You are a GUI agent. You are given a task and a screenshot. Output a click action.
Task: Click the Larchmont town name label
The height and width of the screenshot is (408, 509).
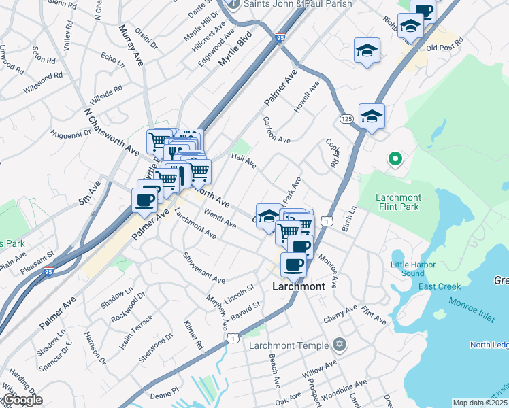[299, 286]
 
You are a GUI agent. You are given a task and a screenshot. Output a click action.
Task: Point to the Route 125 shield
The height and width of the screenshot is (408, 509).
[346, 119]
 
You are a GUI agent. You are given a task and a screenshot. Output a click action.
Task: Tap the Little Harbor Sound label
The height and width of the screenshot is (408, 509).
[407, 269]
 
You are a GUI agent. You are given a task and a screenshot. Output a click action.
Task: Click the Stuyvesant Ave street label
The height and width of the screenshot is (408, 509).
[203, 269]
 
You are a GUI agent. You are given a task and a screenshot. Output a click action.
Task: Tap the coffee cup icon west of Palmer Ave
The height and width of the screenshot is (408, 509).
[144, 200]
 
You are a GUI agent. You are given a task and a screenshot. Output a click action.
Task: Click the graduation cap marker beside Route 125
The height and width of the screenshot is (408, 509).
[372, 117]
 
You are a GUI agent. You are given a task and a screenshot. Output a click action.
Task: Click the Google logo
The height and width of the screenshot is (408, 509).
[22, 400]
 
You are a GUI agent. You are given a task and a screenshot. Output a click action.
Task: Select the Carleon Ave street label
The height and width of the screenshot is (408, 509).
[276, 130]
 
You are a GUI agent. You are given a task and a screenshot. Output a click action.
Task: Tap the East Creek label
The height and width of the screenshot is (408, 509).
[440, 286]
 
